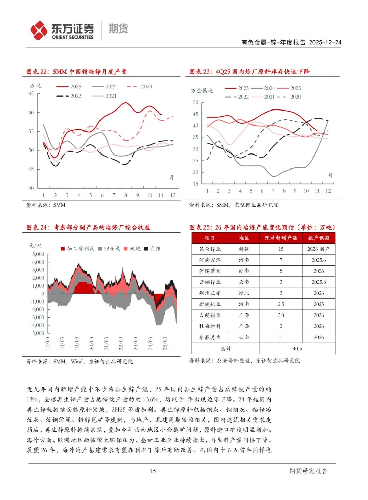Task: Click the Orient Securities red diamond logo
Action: click(39, 30)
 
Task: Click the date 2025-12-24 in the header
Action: click(325, 42)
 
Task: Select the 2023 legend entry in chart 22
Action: click(147, 87)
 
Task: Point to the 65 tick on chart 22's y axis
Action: click(31, 93)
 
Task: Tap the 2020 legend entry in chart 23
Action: click(295, 97)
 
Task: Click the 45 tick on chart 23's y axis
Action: click(195, 114)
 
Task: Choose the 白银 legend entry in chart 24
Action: click(155, 249)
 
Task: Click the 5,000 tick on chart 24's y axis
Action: click(38, 254)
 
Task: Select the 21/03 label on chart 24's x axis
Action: click(106, 343)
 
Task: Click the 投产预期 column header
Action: click(319, 238)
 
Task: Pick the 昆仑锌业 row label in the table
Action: click(210, 249)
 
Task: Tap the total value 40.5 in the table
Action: click(297, 349)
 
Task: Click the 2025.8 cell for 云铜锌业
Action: click(319, 282)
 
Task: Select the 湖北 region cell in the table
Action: click(244, 293)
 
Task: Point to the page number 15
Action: click(153, 471)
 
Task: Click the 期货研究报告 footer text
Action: click(308, 471)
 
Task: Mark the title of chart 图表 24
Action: click(88, 227)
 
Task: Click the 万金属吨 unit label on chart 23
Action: click(202, 91)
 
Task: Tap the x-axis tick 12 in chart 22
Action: click(173, 195)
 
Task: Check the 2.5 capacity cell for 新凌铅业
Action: click(281, 304)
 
